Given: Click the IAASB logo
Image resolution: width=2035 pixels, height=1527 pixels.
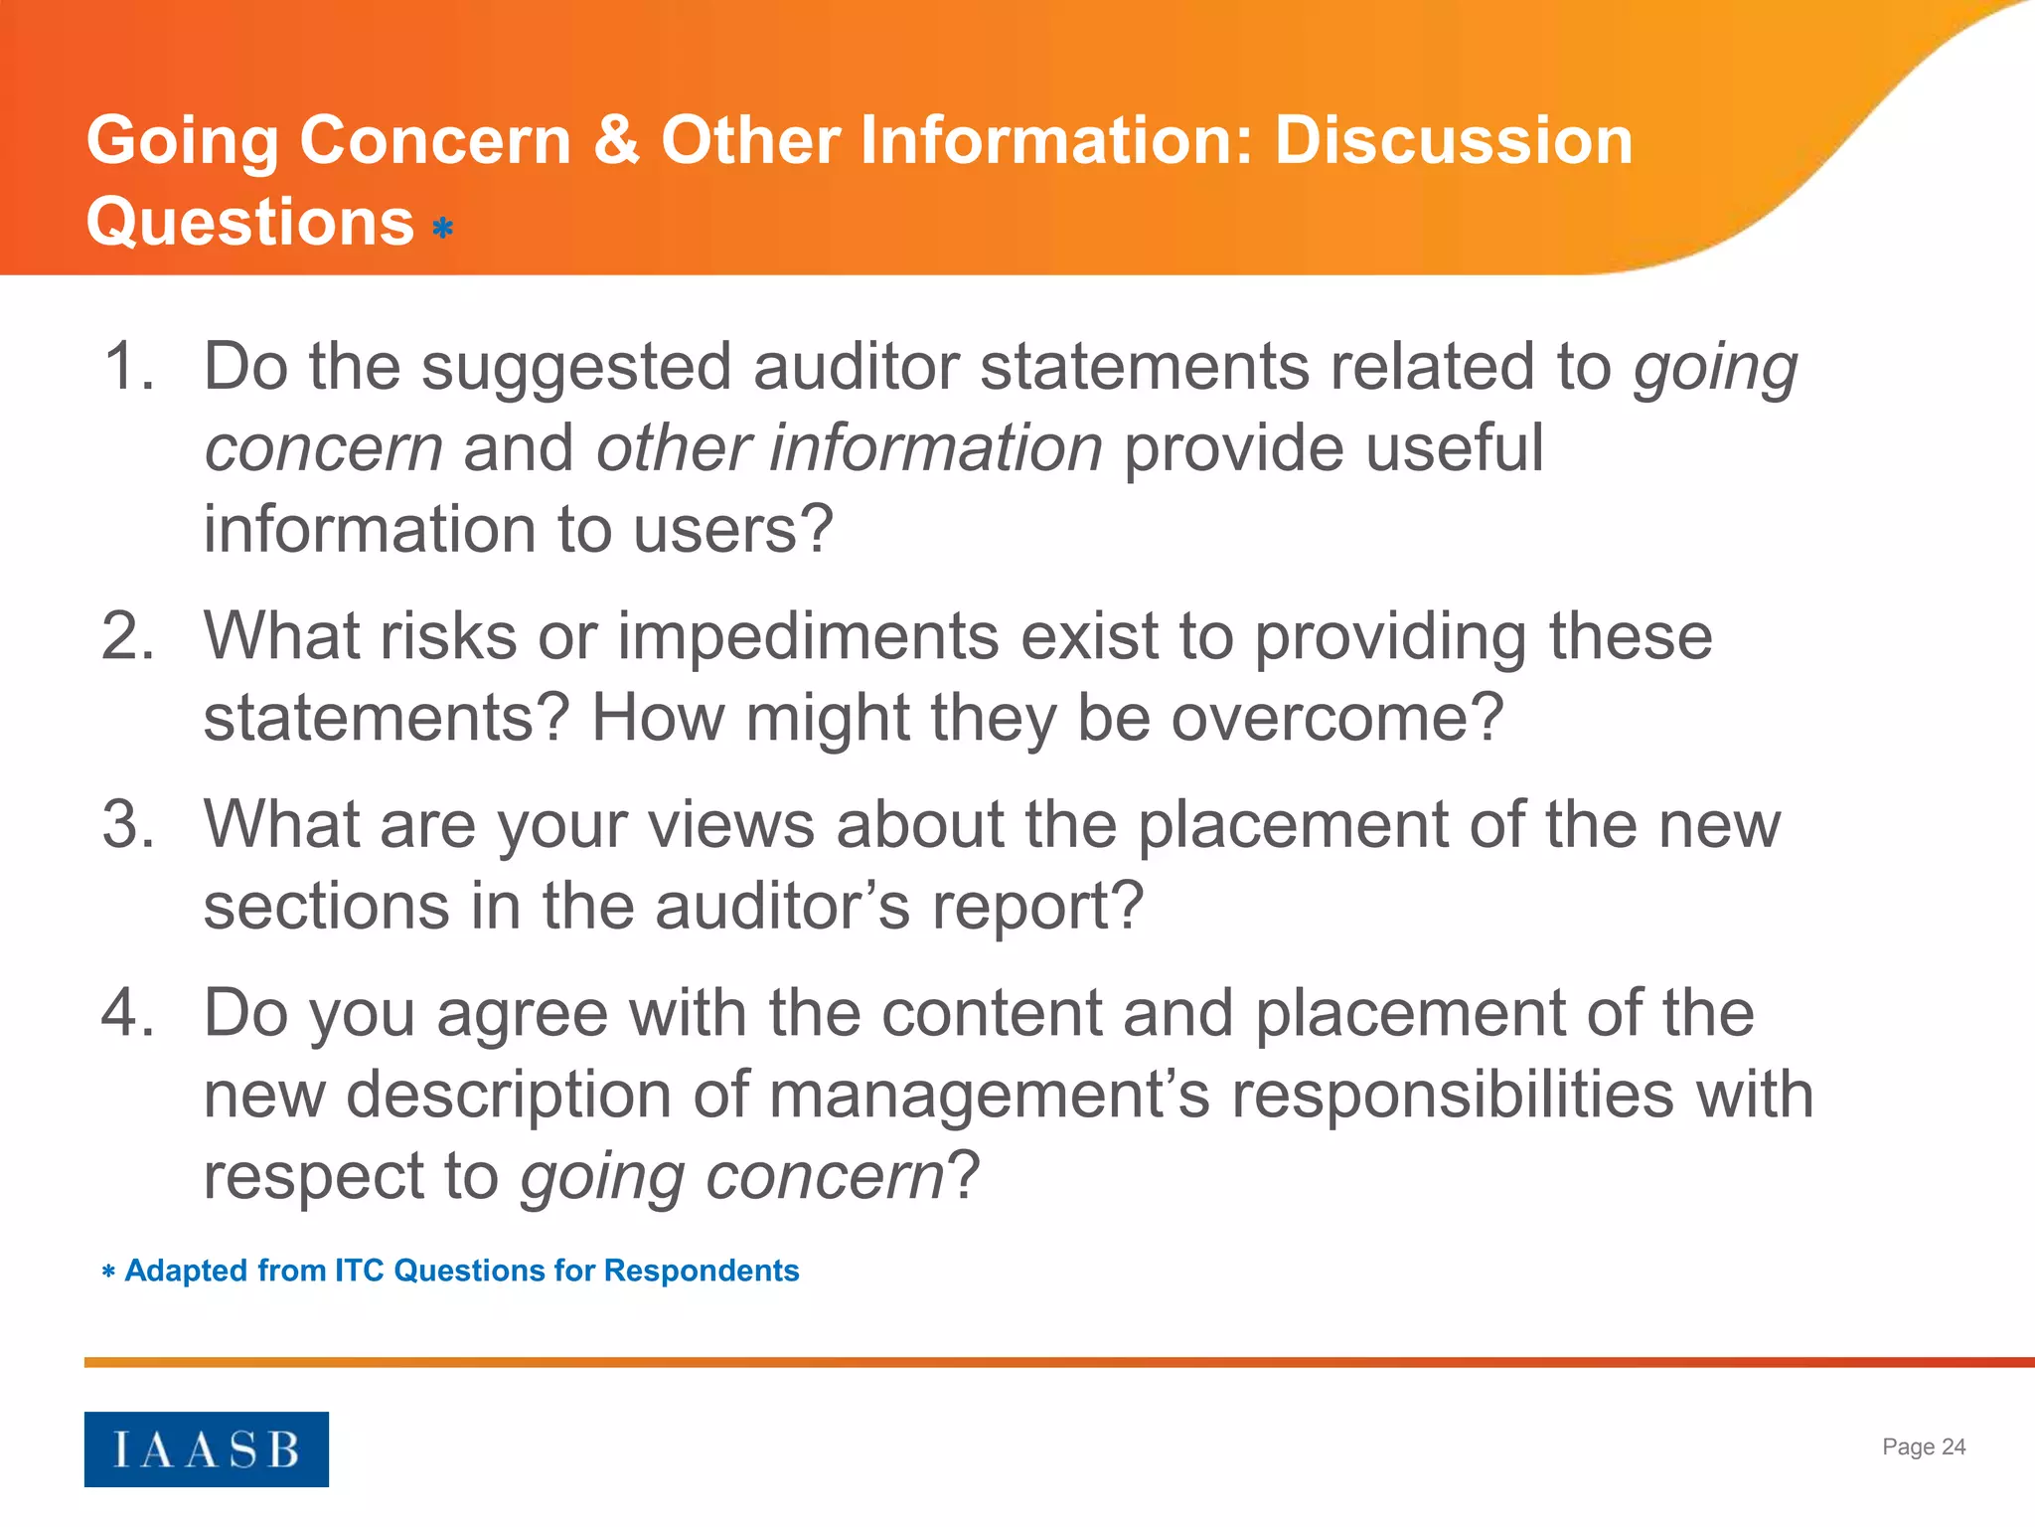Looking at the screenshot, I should coord(206,1448).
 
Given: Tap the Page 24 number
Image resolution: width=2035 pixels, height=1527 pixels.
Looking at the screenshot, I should coord(1923,1446).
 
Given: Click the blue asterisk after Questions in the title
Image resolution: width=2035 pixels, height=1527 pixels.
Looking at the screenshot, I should coord(443,230).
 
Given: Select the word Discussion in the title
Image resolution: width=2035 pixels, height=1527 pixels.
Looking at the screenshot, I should coord(1453,140).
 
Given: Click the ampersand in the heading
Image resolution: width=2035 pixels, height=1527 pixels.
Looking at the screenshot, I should coord(616,140).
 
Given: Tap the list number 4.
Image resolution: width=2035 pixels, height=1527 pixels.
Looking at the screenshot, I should coord(128,1013).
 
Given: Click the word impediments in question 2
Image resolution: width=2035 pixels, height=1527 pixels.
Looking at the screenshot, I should coord(808,637).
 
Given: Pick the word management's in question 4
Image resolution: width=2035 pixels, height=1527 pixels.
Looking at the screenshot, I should coord(989,1096).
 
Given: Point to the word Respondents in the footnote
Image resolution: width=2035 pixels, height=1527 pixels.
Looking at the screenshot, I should coord(701,1271).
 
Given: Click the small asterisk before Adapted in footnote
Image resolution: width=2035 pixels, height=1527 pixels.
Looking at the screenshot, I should coord(108,1272).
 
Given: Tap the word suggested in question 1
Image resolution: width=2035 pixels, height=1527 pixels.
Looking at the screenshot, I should coord(577,368).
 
